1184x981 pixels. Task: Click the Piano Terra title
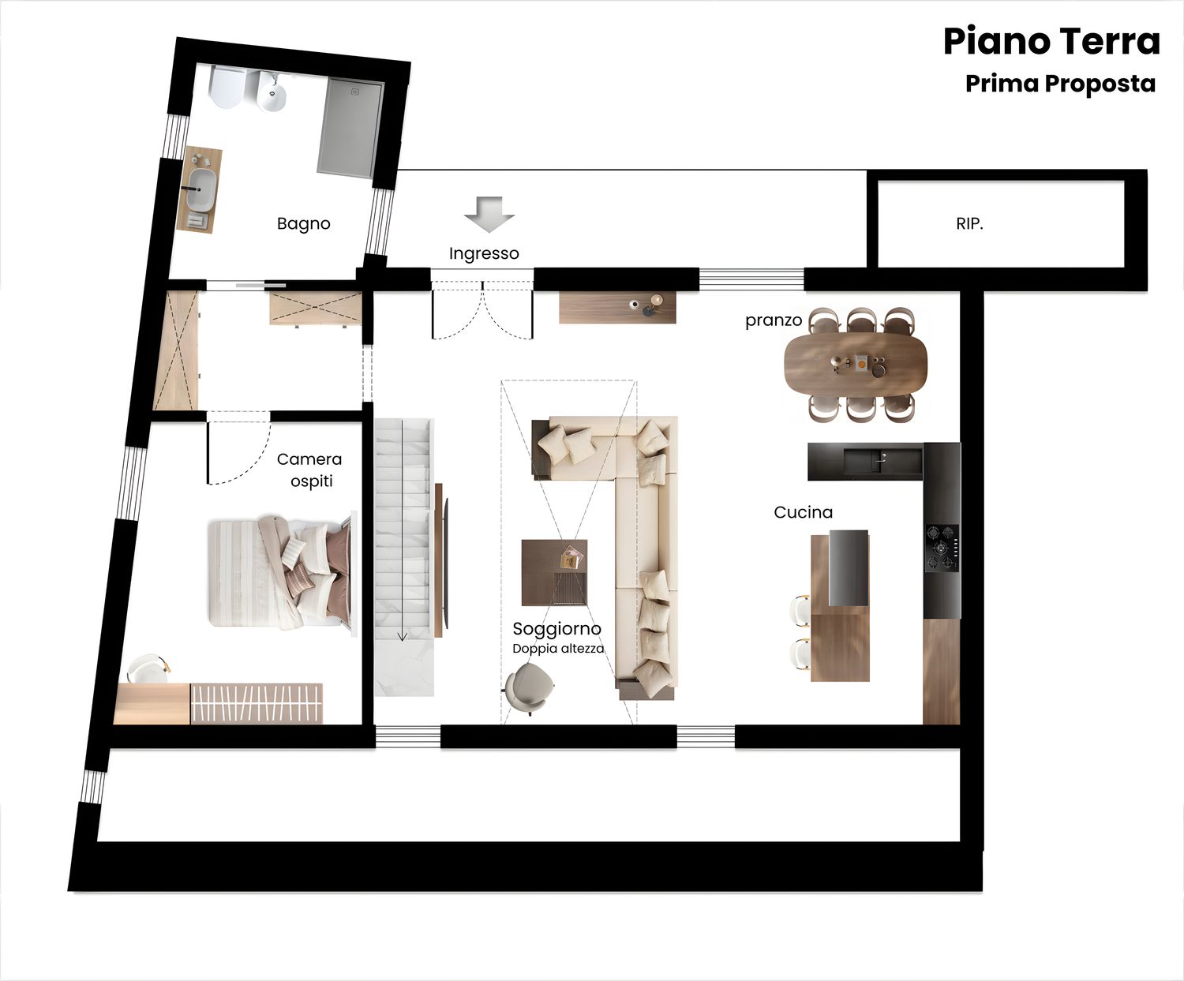(x=1052, y=42)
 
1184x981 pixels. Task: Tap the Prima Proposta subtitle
(x=1060, y=84)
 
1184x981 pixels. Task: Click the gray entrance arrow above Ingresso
(x=489, y=215)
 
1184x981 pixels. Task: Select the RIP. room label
(x=969, y=224)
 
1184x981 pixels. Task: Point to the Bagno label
(x=303, y=224)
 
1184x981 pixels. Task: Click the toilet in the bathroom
(x=227, y=87)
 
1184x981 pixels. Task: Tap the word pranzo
(x=774, y=321)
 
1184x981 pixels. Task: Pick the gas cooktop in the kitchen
(x=942, y=548)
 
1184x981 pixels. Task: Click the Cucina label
(x=803, y=513)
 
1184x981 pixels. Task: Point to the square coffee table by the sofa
(x=555, y=573)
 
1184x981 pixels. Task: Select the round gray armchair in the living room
(x=529, y=687)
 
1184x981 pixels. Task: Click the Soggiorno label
(x=556, y=629)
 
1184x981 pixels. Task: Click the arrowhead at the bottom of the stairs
(x=403, y=637)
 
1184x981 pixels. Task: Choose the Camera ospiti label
(x=309, y=470)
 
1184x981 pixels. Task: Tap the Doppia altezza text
(x=559, y=649)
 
